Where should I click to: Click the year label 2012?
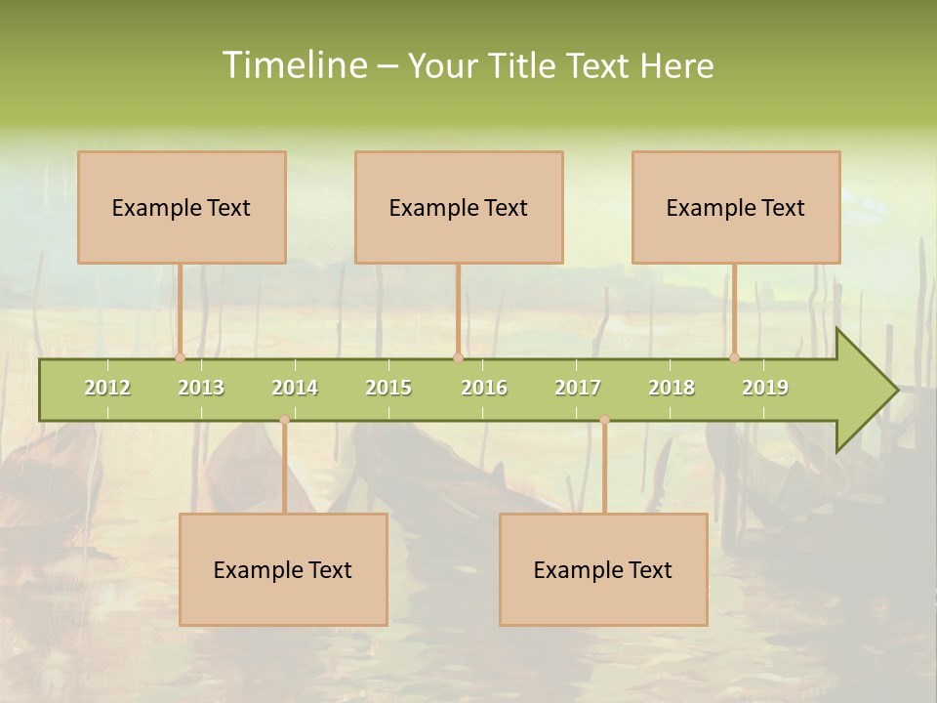point(107,388)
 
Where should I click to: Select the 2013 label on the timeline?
point(201,388)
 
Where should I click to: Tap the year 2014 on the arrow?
point(295,388)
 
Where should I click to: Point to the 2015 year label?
point(388,388)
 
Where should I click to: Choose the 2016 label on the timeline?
point(484,388)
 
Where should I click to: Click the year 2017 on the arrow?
point(578,388)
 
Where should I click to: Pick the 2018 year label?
point(672,388)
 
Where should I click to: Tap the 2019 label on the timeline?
point(765,388)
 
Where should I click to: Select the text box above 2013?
point(182,207)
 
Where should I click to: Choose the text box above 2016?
point(459,207)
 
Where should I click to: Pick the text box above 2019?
point(736,207)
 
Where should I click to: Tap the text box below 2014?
point(283,569)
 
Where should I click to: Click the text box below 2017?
point(603,569)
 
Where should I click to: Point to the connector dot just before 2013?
point(181,358)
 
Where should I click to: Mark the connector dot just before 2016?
point(458,358)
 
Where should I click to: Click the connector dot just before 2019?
point(735,358)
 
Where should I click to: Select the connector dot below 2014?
point(284,420)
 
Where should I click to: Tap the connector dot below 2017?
point(604,420)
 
